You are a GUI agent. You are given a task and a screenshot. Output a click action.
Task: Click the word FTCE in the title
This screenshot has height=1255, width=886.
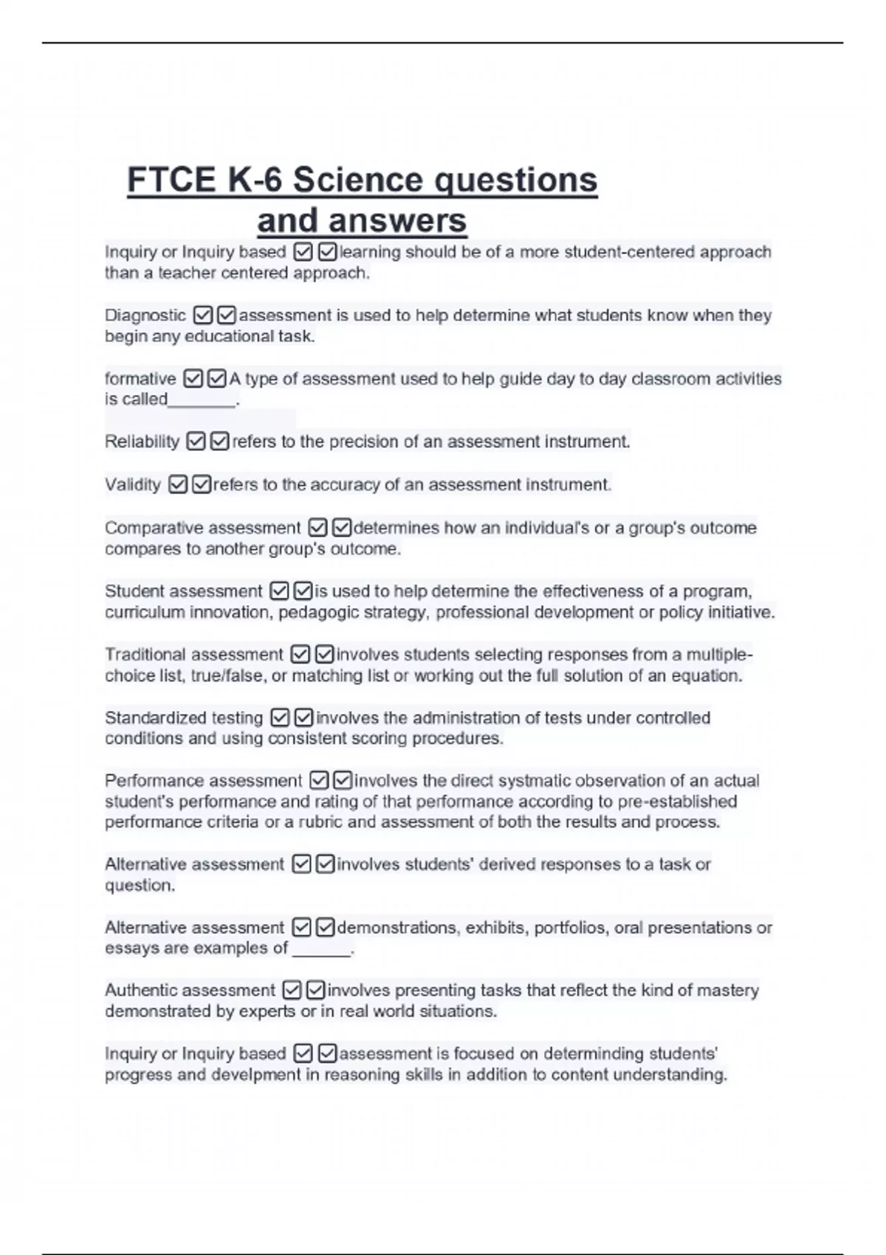tap(171, 180)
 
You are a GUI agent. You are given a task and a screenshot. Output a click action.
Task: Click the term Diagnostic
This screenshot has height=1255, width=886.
tap(145, 315)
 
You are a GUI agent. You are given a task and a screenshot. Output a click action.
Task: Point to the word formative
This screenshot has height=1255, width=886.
tap(140, 379)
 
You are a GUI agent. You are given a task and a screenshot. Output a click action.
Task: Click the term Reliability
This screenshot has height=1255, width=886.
tap(142, 441)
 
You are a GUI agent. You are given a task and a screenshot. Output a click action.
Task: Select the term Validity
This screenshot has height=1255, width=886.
tap(133, 484)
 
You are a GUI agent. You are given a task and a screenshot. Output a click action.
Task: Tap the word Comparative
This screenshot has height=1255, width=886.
tap(153, 528)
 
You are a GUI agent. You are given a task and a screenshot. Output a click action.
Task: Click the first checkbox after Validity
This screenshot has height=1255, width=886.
tap(178, 484)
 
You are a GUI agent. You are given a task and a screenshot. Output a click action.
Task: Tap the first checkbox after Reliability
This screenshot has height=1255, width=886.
tap(196, 441)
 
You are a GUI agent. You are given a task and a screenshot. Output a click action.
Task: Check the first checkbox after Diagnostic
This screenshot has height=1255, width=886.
tap(203, 315)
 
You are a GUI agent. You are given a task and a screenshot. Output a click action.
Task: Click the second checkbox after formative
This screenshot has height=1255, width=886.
tap(216, 379)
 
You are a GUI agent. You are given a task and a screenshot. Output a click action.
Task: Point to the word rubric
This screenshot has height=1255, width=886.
tap(320, 822)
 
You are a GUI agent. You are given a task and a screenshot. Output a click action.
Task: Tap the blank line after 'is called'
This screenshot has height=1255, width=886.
tap(202, 401)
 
